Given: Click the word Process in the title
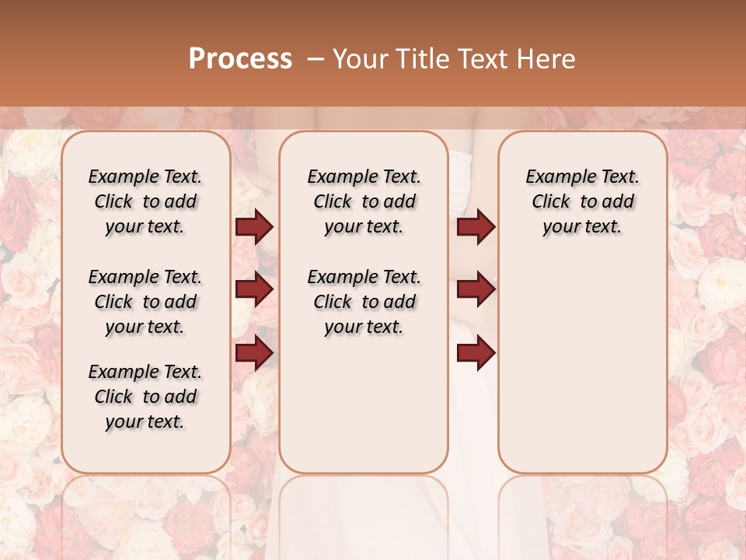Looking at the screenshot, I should tap(240, 59).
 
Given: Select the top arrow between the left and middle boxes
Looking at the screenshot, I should tap(254, 227).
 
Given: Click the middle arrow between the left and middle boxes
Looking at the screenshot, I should tap(254, 289).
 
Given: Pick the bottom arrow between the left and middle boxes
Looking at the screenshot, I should tap(254, 352).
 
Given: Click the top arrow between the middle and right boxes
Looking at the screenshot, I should tap(476, 227).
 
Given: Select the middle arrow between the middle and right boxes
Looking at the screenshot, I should tap(476, 289).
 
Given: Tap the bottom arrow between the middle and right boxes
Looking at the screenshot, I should tap(476, 352).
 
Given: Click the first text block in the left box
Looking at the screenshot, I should tap(145, 201).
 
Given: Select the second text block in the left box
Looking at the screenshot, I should tap(145, 302).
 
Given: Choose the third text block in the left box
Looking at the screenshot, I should tap(145, 397).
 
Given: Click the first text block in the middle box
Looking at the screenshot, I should tap(364, 201).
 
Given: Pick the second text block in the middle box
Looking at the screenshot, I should tap(364, 302).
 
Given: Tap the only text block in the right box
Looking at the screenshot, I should tap(582, 201).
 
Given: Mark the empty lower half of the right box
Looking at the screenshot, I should tap(582, 373).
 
